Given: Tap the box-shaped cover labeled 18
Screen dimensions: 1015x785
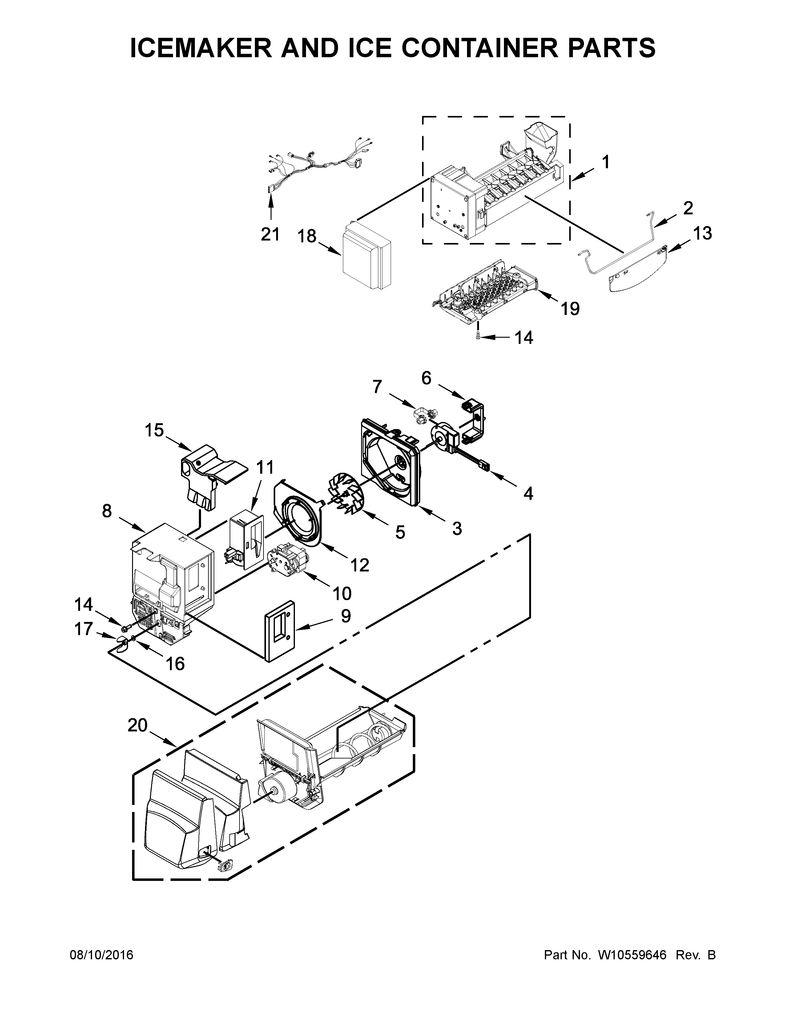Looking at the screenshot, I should tap(366, 261).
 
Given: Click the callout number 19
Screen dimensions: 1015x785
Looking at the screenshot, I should tap(570, 308).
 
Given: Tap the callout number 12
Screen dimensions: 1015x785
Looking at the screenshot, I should tap(360, 565).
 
